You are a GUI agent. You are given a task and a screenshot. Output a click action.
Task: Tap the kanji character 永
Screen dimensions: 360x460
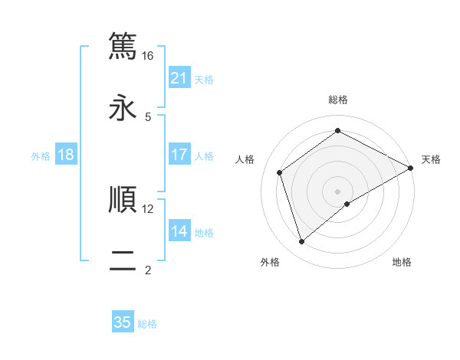point(123,106)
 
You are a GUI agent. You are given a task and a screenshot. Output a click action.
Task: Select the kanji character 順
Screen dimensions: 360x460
point(123,199)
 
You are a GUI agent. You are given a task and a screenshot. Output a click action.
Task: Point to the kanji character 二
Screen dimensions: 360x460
point(123,260)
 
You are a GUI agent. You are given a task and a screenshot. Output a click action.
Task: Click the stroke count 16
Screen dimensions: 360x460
point(147,56)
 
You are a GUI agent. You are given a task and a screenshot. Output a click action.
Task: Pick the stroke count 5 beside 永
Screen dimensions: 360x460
point(147,117)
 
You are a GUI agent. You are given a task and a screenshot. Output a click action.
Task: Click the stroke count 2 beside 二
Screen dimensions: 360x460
point(147,270)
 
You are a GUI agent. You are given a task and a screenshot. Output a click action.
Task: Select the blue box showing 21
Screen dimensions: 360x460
point(179,77)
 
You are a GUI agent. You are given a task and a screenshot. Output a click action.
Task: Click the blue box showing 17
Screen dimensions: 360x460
point(179,154)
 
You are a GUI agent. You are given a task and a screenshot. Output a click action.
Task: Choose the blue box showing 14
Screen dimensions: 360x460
point(179,231)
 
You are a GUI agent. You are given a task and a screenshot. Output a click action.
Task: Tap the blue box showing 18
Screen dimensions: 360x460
point(66,155)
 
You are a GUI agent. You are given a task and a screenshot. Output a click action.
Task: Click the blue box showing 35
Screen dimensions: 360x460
point(123,322)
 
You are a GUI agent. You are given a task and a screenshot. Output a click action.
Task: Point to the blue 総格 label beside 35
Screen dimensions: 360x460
point(147,324)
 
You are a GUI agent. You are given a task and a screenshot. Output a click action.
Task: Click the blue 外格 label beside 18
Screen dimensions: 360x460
point(41,156)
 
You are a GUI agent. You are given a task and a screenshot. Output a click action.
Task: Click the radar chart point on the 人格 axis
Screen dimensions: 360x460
point(280,172)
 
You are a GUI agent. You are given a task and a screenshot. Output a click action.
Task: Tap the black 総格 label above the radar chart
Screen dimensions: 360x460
point(338,100)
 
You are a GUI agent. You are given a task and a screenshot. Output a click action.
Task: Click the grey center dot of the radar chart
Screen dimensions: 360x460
point(338,191)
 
